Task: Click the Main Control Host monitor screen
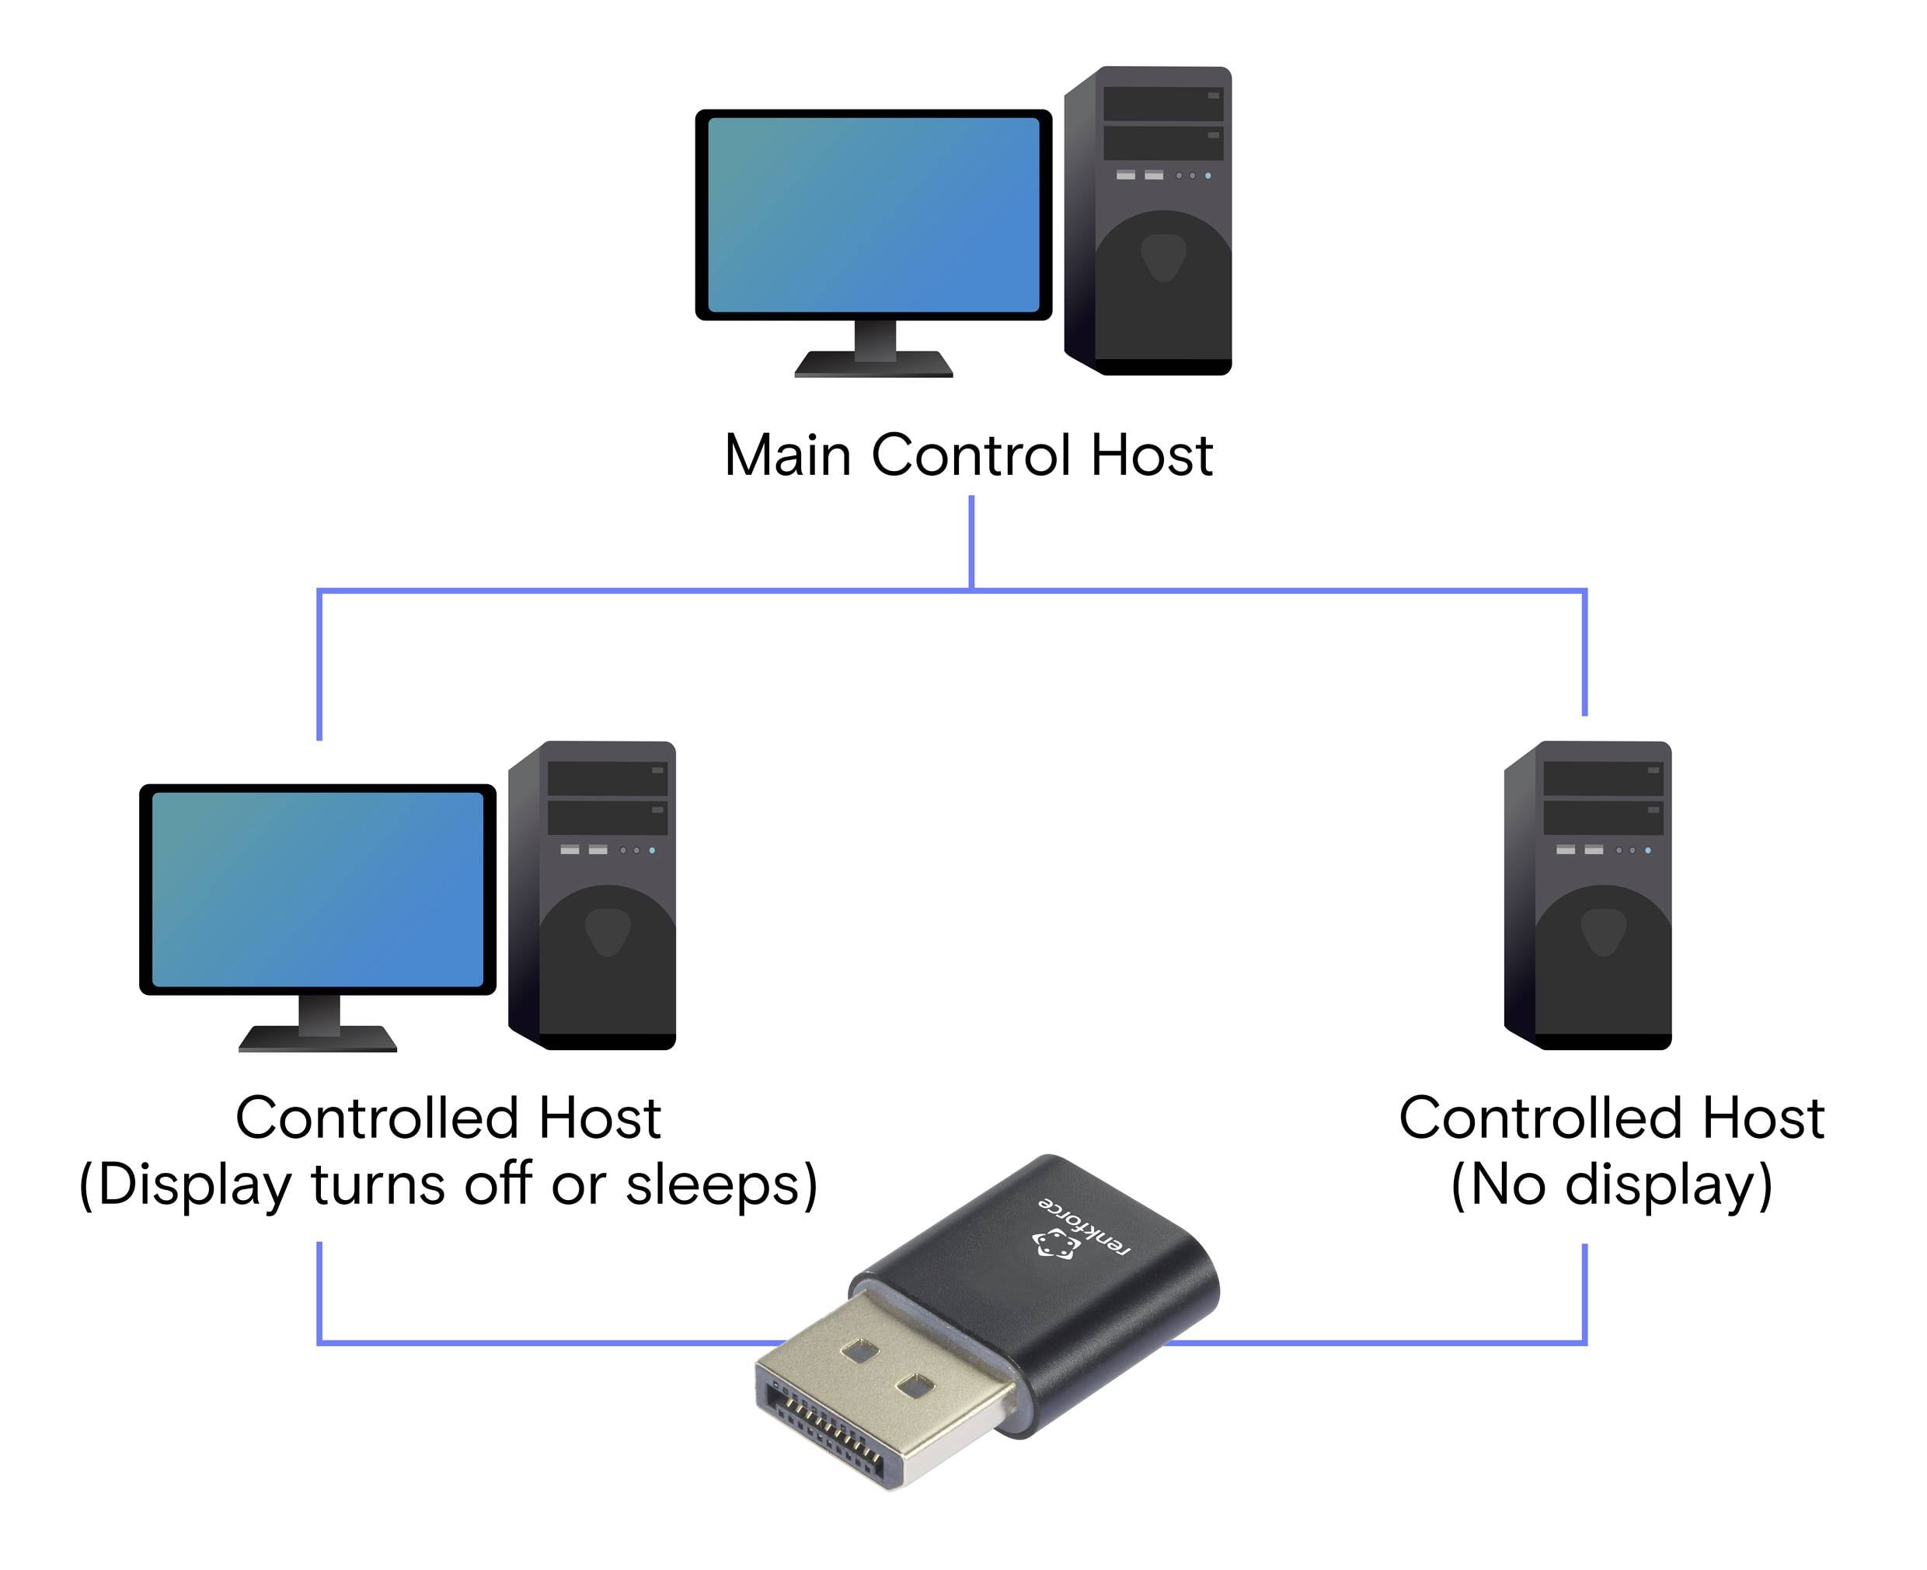(873, 215)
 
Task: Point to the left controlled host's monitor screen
(317, 889)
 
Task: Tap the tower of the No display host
(1590, 895)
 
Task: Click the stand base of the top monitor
(873, 365)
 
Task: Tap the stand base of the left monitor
(317, 1039)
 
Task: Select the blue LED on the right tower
(1647, 850)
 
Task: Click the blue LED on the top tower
(1208, 176)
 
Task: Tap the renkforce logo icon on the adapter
(1054, 1244)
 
